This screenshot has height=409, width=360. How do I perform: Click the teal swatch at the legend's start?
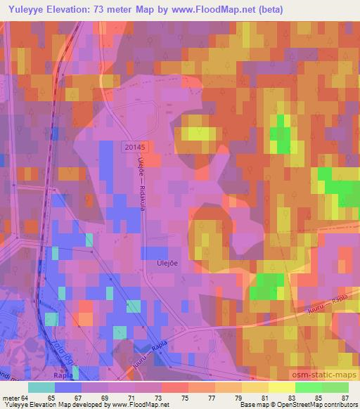pyautogui.click(x=41, y=387)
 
